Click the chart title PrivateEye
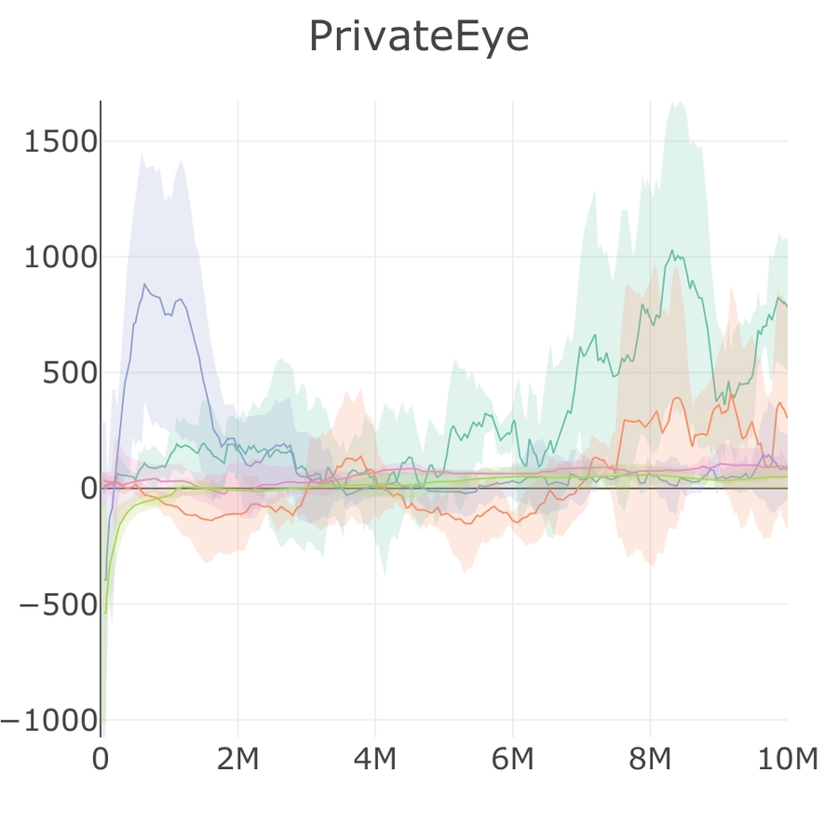pos(418,37)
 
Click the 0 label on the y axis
pos(88,488)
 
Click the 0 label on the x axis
pos(101,760)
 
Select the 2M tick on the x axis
pos(237,760)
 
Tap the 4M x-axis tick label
pos(375,760)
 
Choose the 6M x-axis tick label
pos(512,760)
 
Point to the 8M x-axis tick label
pos(650,760)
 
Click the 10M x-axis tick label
pos(787,760)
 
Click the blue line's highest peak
pos(144,284)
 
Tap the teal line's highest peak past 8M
pos(672,250)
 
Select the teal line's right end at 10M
pos(787,305)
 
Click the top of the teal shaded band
pos(677,101)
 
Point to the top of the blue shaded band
pos(142,155)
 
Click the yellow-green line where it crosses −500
pos(106,604)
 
